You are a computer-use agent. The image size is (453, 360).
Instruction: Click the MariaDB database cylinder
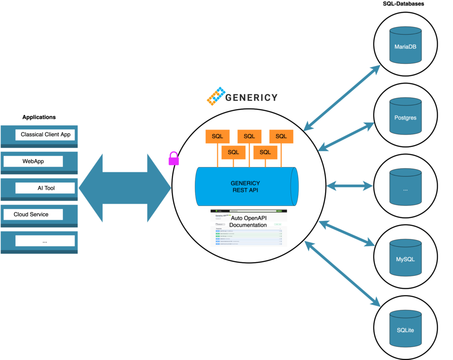tap(405, 45)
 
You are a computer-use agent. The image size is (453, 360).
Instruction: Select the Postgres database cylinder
tap(405, 117)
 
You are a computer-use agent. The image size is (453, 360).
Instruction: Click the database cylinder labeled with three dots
tap(405, 188)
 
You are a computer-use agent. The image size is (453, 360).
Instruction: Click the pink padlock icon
tap(174, 158)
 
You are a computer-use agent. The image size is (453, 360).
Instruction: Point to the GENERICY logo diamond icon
tap(216, 96)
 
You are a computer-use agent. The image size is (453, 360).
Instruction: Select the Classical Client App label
tap(45, 134)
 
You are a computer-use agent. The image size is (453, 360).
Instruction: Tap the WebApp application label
tap(33, 161)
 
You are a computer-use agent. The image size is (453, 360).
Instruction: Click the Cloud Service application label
tap(31, 214)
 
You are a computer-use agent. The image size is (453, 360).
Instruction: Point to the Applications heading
tap(39, 117)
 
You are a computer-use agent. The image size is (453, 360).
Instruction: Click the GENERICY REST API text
tap(245, 186)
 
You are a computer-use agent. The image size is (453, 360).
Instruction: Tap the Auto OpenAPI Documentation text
tap(249, 221)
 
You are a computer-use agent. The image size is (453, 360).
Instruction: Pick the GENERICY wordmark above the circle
tap(251, 97)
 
